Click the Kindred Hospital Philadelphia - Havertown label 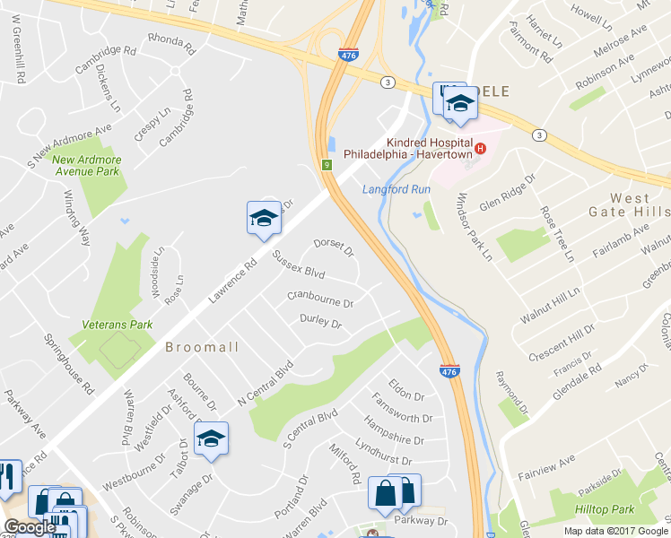coord(429,149)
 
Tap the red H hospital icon coord(481,148)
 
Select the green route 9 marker coord(328,165)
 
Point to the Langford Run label coord(397,189)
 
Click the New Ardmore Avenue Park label coord(86,165)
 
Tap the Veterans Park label coord(117,325)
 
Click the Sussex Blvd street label coord(299,266)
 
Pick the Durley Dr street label coord(320,321)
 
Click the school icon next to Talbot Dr coord(211,438)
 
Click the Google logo coord(30,527)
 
